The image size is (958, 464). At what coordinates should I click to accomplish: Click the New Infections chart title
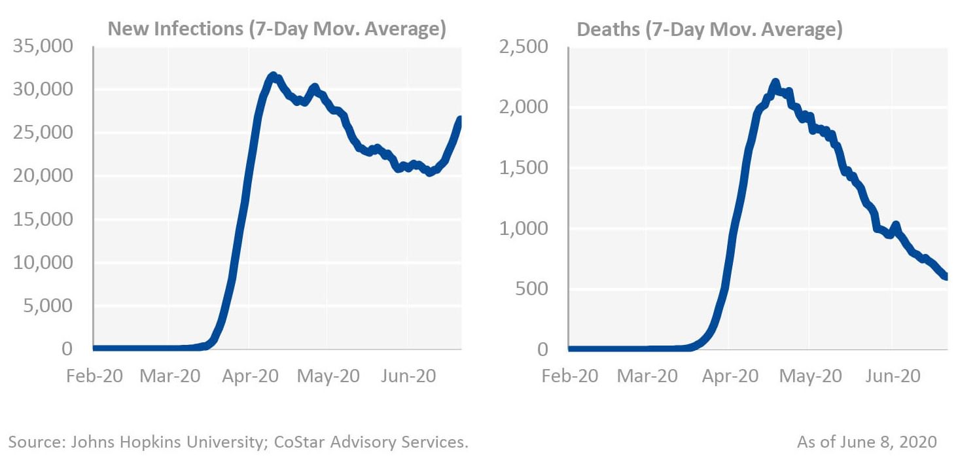[x=276, y=29]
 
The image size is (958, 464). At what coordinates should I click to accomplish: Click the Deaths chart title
[x=709, y=29]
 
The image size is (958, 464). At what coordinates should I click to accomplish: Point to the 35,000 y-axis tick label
[x=44, y=47]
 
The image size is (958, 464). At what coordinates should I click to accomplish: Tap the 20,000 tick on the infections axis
[x=44, y=176]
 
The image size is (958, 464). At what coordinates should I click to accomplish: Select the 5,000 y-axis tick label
[x=50, y=306]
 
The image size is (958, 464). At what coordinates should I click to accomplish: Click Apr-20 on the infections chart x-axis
[x=249, y=376]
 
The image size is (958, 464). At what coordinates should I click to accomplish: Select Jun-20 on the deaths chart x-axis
[x=893, y=376]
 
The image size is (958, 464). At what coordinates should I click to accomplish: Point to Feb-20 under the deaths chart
[x=570, y=376]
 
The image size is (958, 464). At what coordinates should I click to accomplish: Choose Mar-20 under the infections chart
[x=169, y=376]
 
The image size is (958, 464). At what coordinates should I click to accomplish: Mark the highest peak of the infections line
[x=273, y=76]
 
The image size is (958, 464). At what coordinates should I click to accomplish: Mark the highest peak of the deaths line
[x=776, y=82]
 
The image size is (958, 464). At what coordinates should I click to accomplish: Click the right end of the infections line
[x=460, y=119]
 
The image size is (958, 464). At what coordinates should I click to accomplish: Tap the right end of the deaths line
[x=946, y=277]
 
